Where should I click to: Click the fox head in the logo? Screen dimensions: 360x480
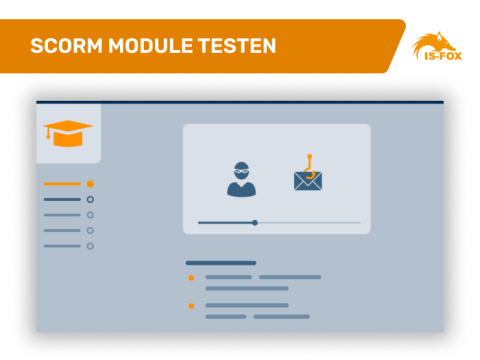[x=437, y=45]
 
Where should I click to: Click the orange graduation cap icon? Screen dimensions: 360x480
[x=68, y=132]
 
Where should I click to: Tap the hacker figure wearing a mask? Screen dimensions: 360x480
[x=241, y=178]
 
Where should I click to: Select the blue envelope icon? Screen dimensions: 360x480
[x=308, y=181]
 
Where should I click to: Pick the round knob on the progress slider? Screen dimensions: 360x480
[x=255, y=222]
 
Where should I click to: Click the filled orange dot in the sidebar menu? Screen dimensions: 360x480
[x=90, y=184]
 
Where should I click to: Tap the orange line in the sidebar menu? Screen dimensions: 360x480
[x=62, y=184]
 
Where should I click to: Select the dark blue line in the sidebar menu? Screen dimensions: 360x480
[x=62, y=200]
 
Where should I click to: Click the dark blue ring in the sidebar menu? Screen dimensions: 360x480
[x=90, y=200]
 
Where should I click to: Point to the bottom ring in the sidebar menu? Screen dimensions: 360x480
[x=90, y=245]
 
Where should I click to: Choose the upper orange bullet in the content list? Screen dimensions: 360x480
[x=191, y=277]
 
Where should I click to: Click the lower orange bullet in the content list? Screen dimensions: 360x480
[x=191, y=305]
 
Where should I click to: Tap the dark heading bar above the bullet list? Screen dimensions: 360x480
[x=220, y=263]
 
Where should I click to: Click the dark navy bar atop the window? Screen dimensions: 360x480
[x=240, y=102]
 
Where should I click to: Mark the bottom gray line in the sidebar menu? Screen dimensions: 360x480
[x=62, y=245]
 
